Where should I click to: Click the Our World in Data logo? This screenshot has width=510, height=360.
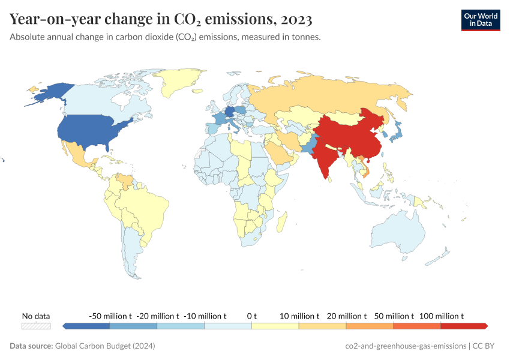(x=480, y=20)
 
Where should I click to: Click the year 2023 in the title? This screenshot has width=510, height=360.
(x=295, y=19)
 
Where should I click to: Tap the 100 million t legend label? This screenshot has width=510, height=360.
(x=441, y=316)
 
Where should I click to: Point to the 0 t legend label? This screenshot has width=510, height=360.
(x=251, y=316)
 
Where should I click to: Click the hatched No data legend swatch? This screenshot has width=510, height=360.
(x=36, y=326)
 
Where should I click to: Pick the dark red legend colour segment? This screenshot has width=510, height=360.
(x=463, y=326)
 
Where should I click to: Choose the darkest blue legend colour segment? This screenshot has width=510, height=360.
(x=86, y=326)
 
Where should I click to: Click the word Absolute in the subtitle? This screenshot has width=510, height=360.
(x=28, y=37)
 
